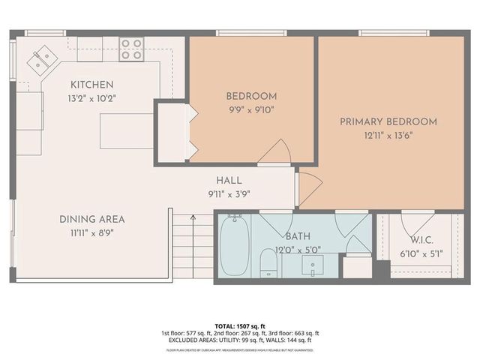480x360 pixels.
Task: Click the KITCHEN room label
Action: [92, 85]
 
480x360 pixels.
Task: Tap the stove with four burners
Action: [131, 49]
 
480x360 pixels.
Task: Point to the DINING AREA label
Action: [92, 219]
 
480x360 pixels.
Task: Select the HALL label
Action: [229, 181]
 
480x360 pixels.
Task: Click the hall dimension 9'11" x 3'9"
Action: [229, 193]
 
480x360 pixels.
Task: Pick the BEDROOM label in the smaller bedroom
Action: [251, 96]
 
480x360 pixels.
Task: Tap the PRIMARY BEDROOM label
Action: [388, 121]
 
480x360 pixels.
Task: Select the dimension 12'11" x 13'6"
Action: [388, 135]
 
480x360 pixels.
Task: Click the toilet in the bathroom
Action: [268, 263]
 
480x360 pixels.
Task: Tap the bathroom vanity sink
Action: [311, 265]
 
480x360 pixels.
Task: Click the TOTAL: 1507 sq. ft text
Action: [240, 326]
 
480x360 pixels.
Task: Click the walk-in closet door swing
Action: [415, 222]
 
